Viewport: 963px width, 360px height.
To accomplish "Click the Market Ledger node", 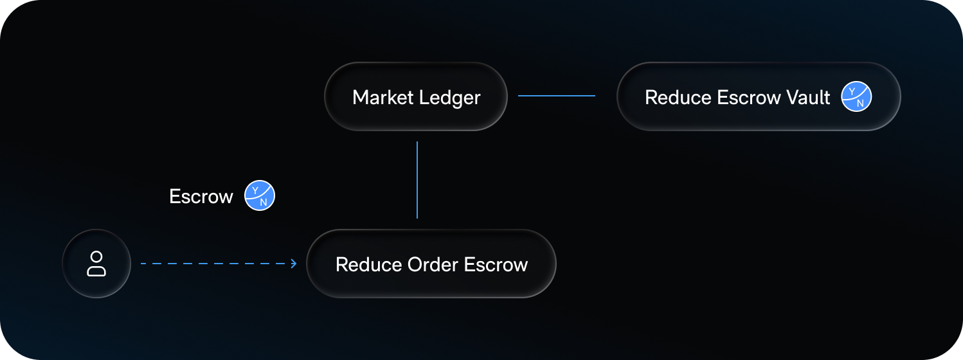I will coord(416,96).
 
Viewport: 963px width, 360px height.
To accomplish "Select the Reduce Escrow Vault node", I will coord(759,96).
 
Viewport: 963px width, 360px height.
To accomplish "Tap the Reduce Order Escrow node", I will coord(431,264).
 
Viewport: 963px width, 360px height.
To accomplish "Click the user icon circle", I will coord(96,264).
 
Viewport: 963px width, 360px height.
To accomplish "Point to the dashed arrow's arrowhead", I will coord(294,264).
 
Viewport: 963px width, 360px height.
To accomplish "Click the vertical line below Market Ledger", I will coord(417,180).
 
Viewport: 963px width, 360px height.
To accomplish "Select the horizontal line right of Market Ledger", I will coord(557,96).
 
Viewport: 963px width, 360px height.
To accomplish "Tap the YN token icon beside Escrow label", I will coord(260,196).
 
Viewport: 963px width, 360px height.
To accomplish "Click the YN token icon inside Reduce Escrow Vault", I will coord(857,97).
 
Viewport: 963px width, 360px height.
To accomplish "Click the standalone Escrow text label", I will coord(201,197).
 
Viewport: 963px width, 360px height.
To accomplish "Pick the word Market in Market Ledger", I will coord(382,98).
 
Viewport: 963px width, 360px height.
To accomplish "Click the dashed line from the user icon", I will coord(212,264).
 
